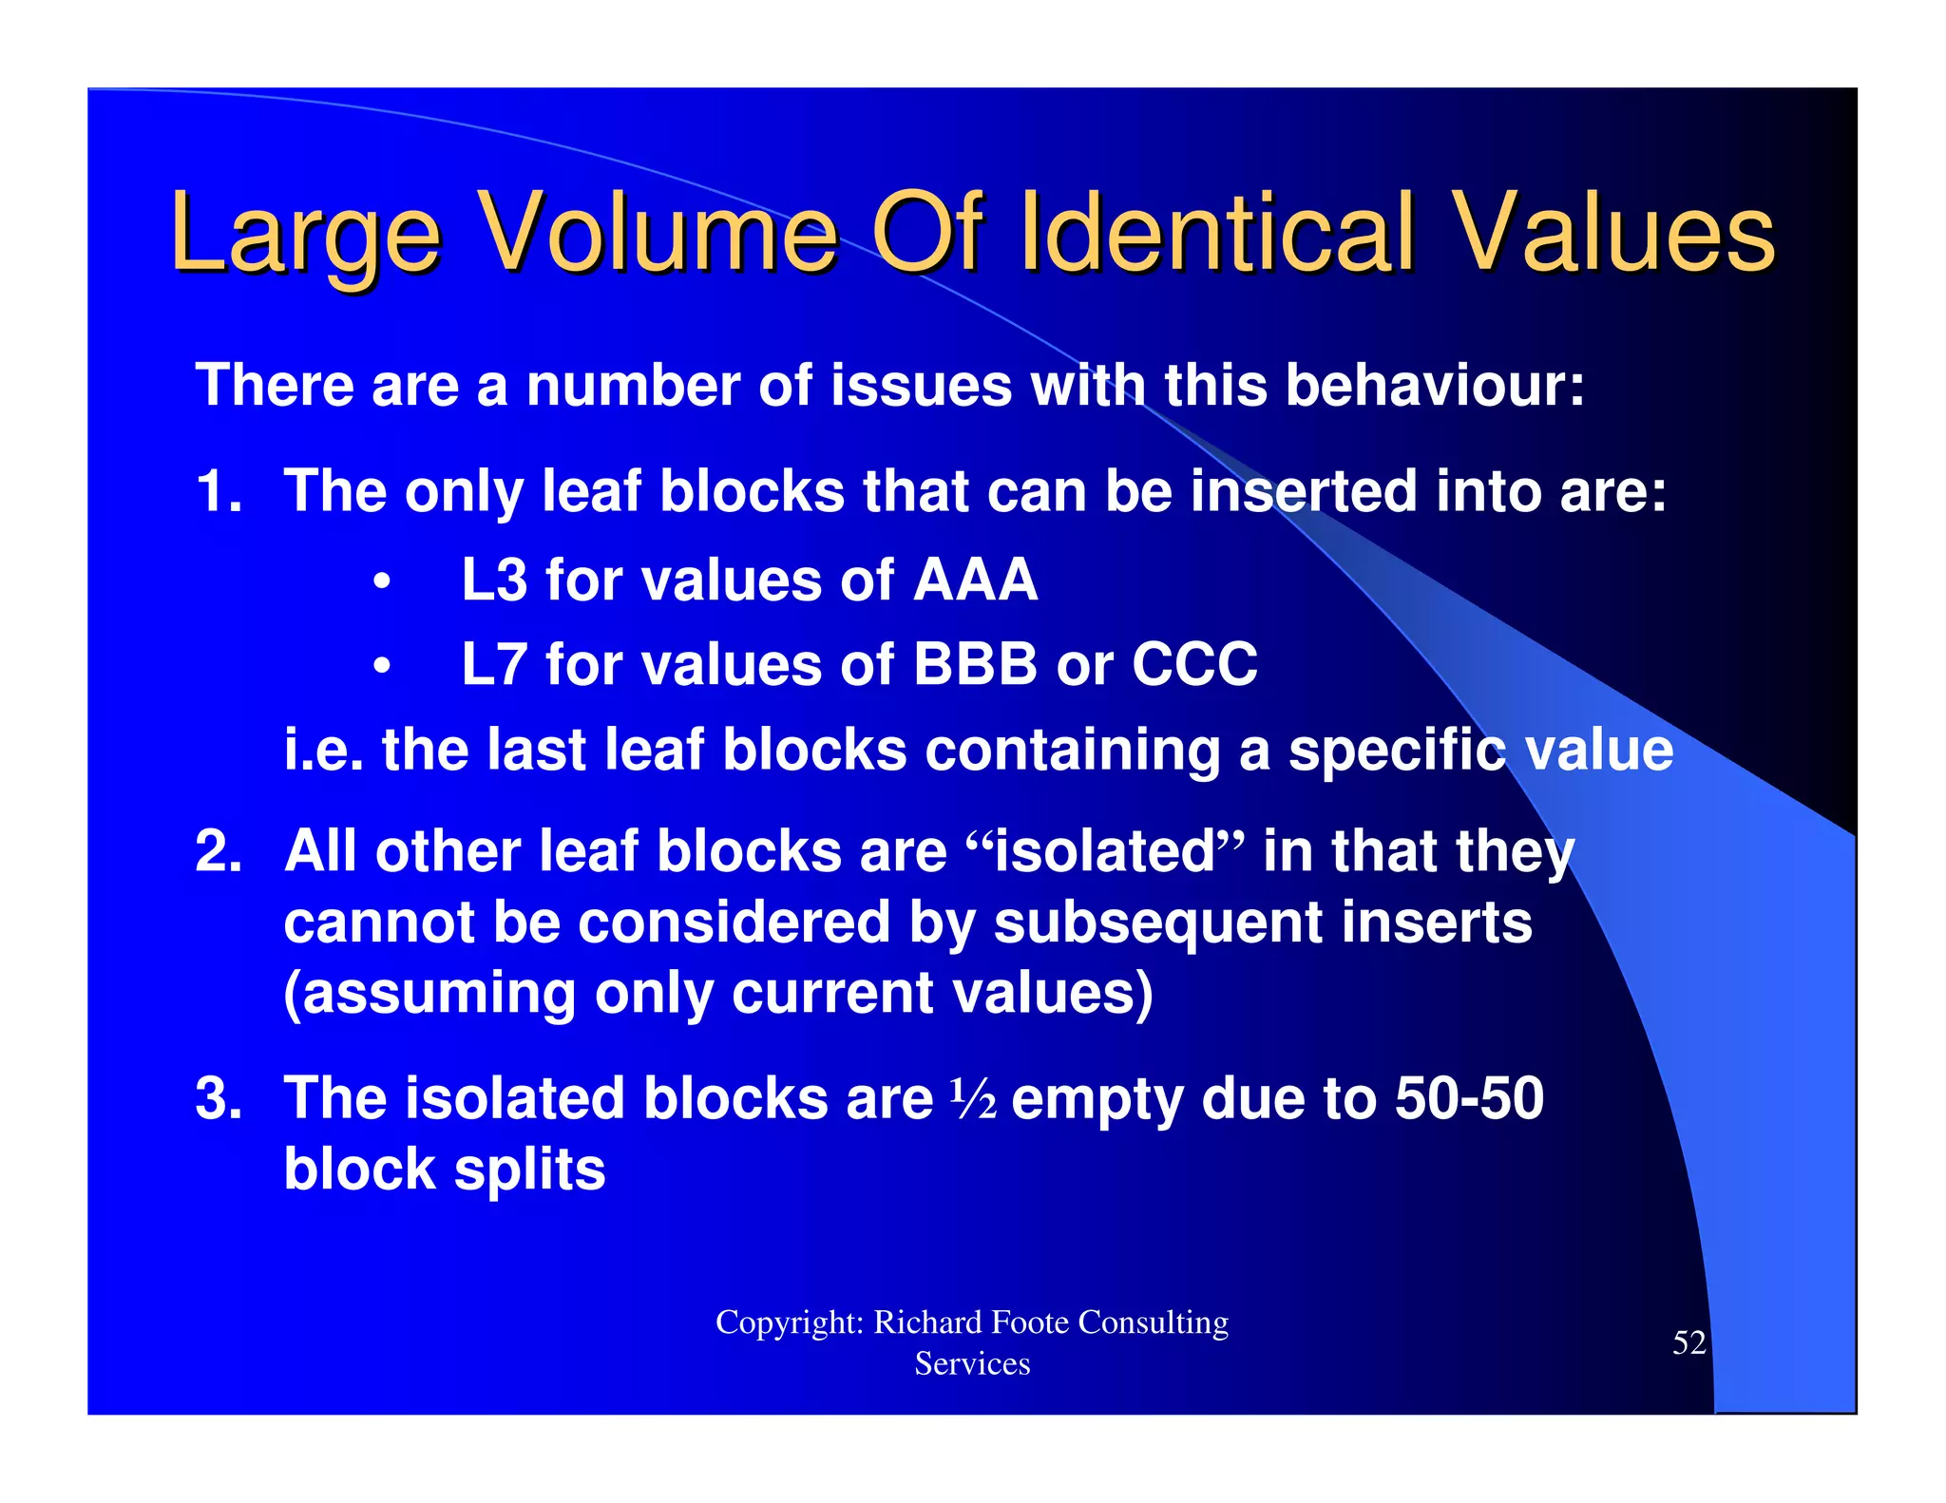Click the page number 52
(1688, 1342)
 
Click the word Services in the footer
(972, 1363)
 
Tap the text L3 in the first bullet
(493, 580)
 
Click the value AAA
(975, 580)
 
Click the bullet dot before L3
(382, 581)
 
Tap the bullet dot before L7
(382, 666)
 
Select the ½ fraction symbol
(973, 1099)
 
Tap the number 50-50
(1469, 1098)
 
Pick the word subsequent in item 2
(1158, 923)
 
